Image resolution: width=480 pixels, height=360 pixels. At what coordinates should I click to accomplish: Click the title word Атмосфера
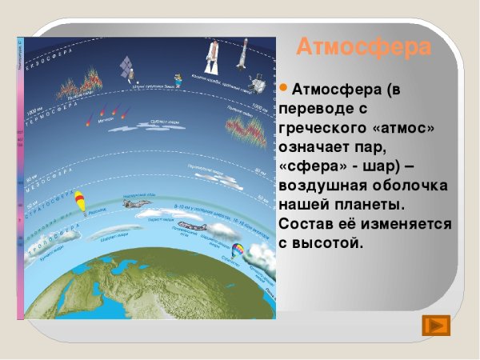point(363,47)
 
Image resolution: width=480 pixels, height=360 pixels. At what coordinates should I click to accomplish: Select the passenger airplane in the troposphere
point(189,227)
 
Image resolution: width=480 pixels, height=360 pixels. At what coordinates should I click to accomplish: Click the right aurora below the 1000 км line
point(245,129)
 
